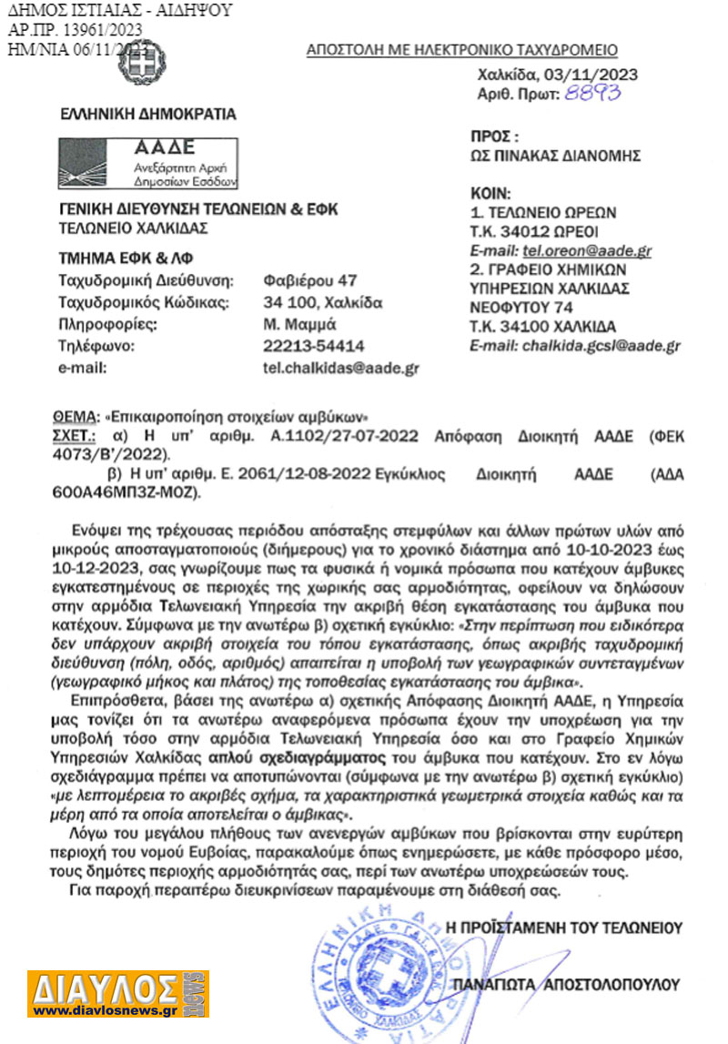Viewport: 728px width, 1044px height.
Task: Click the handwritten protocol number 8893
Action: (594, 93)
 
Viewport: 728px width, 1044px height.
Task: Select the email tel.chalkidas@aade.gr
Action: (340, 368)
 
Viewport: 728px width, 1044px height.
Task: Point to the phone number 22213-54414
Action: (313, 346)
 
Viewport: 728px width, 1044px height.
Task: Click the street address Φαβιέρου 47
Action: (310, 279)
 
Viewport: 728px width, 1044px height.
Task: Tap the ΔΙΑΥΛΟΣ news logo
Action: (117, 993)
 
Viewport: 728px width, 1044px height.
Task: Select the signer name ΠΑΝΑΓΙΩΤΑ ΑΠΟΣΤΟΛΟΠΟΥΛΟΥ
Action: (570, 983)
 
